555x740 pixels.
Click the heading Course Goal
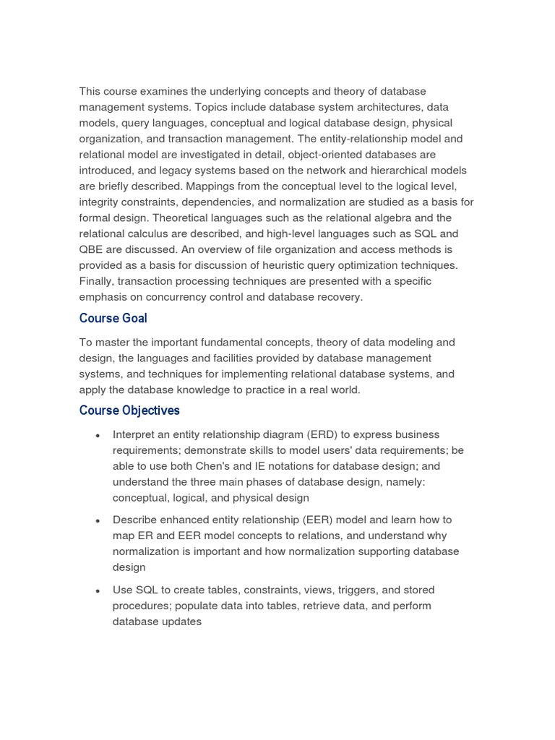pyautogui.click(x=113, y=319)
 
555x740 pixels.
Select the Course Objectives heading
pyautogui.click(x=129, y=410)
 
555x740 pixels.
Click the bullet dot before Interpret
pyautogui.click(x=98, y=436)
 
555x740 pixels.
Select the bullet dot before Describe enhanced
pyautogui.click(x=98, y=520)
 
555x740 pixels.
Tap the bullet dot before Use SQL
pyautogui.click(x=98, y=591)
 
